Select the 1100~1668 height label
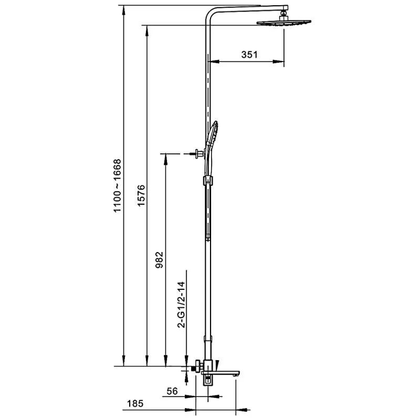pyautogui.click(x=118, y=187)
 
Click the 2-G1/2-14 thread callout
pyautogui.click(x=181, y=305)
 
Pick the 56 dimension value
pyautogui.click(x=172, y=391)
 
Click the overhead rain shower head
pyautogui.click(x=284, y=23)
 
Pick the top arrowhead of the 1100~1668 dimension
pyautogui.click(x=123, y=9)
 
